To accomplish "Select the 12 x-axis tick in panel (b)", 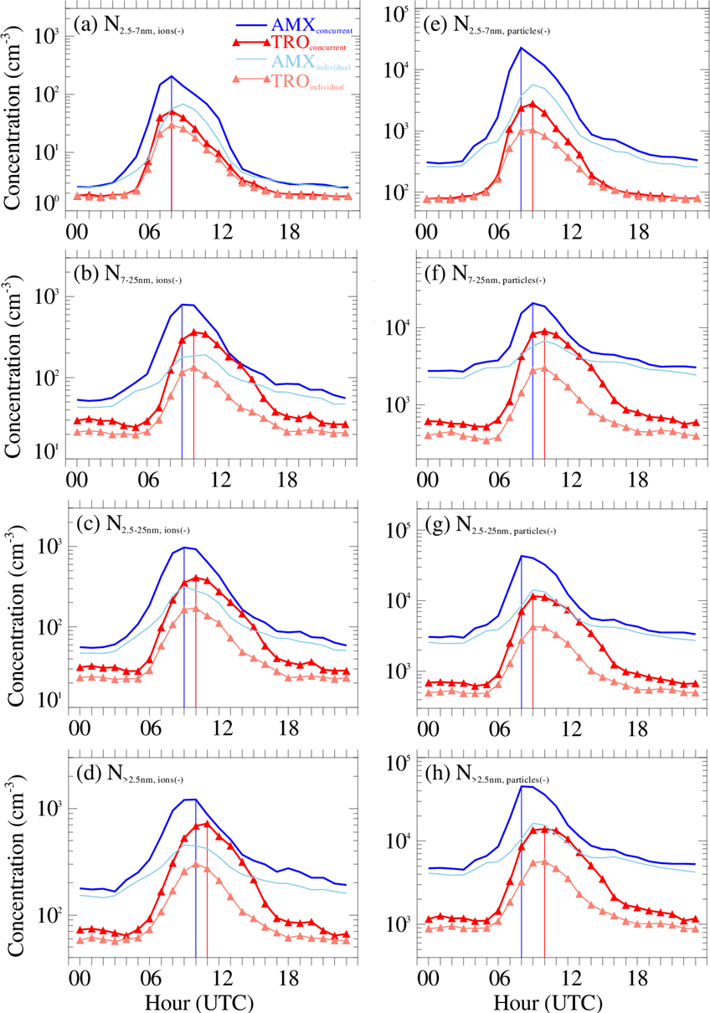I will coord(220,480).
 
